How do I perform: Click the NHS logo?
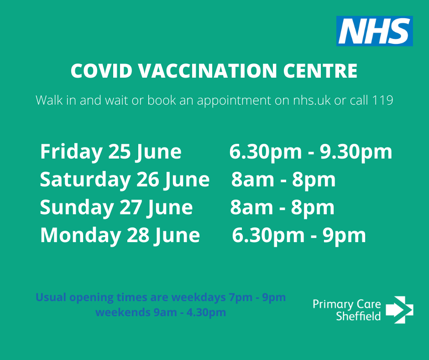(374, 31)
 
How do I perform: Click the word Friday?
(71, 152)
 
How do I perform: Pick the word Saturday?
(84, 180)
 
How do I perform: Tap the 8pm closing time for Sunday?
(313, 208)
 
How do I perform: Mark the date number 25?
(119, 152)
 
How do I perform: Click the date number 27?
(131, 207)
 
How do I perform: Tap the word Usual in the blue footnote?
(48, 297)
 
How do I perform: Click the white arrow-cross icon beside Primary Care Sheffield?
(399, 310)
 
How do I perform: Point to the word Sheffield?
(358, 316)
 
